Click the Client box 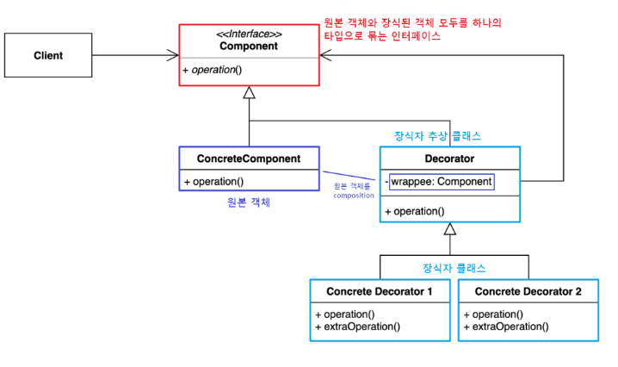(48, 56)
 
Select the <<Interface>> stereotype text (249, 34)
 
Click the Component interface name (249, 46)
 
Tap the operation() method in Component (213, 69)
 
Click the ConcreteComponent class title (249, 159)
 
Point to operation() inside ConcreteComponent (213, 182)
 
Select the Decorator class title (449, 159)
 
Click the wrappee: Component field (442, 182)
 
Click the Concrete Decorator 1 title (380, 292)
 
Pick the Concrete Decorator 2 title (528, 292)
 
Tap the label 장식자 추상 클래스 (436, 136)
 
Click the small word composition (353, 195)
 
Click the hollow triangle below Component (249, 92)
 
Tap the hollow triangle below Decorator (449, 229)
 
